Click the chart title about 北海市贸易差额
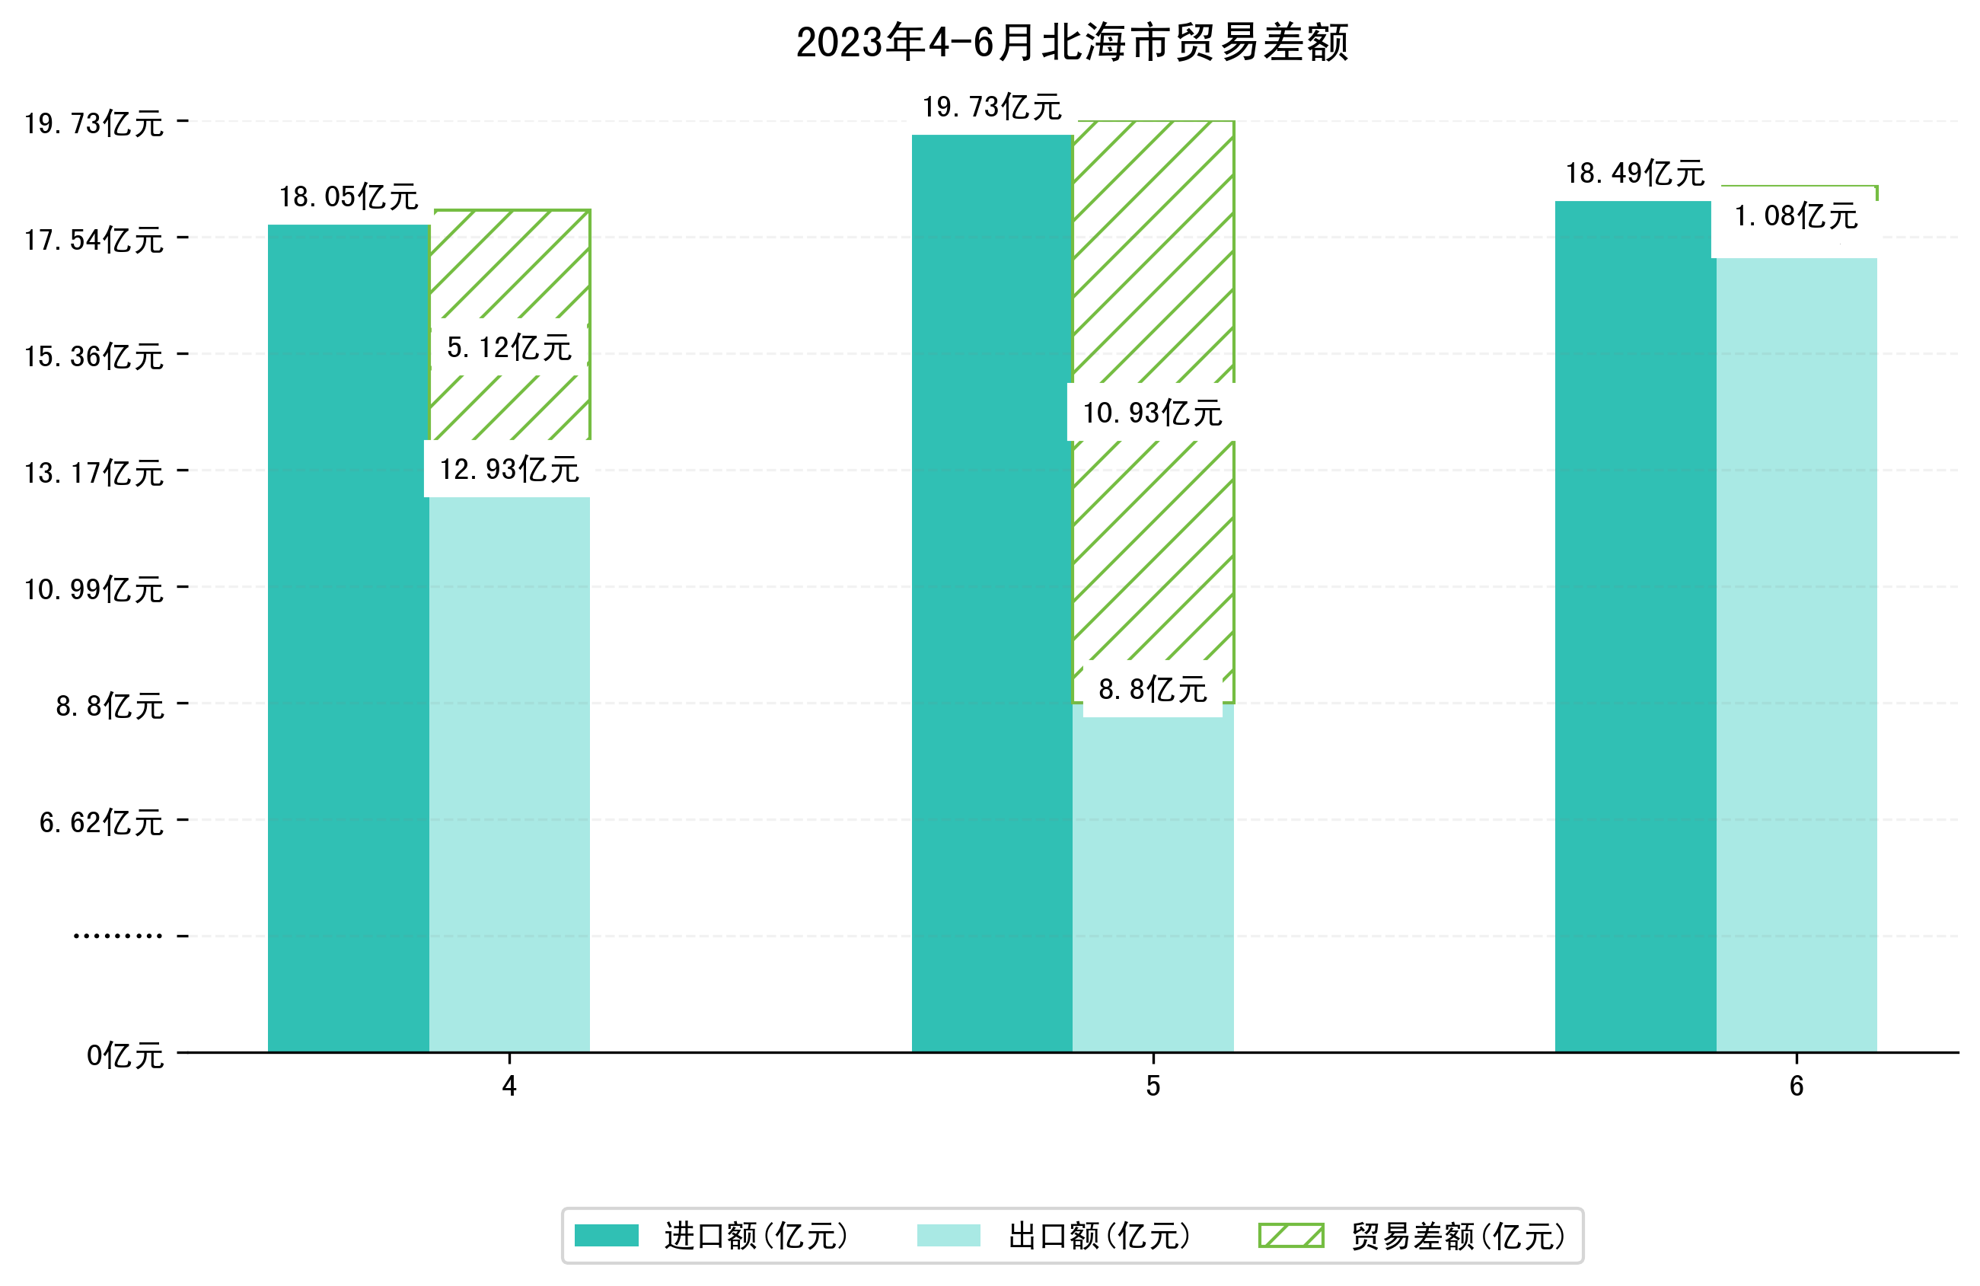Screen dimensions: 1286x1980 pyautogui.click(x=1072, y=43)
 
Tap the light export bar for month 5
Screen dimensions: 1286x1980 pyautogui.click(x=1153, y=882)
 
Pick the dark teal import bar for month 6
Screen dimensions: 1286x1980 pyautogui.click(x=1634, y=624)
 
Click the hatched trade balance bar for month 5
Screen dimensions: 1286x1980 pyautogui.click(x=1153, y=250)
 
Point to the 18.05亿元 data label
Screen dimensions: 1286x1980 pyautogui.click(x=349, y=197)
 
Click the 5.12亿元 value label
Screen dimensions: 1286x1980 pyautogui.click(x=509, y=347)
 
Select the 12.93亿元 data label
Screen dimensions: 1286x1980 pyautogui.click(x=509, y=470)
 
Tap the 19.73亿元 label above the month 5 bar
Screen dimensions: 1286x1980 pyautogui.click(x=992, y=107)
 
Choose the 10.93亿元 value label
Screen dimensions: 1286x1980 pyautogui.click(x=1153, y=413)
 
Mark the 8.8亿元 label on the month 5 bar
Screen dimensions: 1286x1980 pyautogui.click(x=1153, y=689)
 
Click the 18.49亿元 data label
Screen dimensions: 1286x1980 pyautogui.click(x=1634, y=173)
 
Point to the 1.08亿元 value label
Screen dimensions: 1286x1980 pyautogui.click(x=1795, y=216)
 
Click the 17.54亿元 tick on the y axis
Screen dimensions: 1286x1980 pyautogui.click(x=94, y=240)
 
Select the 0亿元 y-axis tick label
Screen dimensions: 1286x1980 pyautogui.click(x=125, y=1055)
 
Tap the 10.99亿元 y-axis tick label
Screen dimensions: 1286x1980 pyautogui.click(x=94, y=589)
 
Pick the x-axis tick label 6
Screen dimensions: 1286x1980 pyautogui.click(x=1796, y=1087)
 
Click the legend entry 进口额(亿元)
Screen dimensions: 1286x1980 pyautogui.click(x=755, y=1236)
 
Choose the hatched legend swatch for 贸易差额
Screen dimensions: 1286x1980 pyautogui.click(x=1290, y=1235)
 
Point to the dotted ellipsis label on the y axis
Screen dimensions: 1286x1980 pyautogui.click(x=117, y=937)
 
